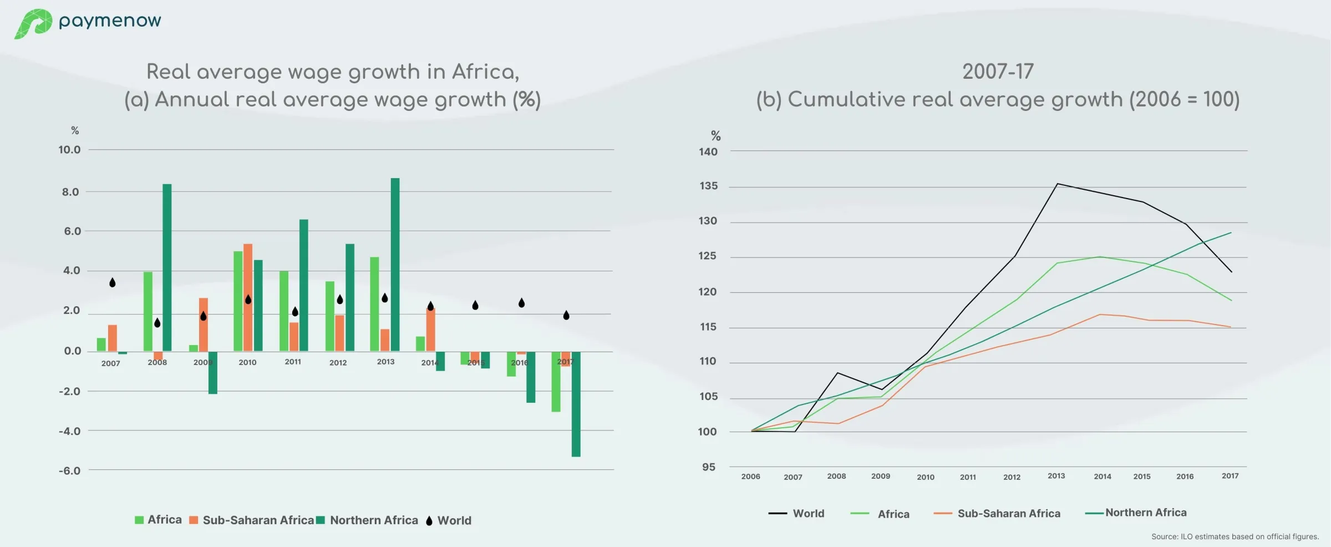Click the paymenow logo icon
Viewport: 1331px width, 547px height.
33,23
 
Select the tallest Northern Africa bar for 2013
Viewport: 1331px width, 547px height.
395,264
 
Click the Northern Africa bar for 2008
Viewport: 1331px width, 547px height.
167,267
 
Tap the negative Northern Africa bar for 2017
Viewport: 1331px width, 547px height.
576,404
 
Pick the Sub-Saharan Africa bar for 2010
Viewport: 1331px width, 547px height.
248,297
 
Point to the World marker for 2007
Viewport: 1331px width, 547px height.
113,282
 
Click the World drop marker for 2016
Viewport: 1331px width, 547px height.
521,303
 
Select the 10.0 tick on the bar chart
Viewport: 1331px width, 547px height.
69,150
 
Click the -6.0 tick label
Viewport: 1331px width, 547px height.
69,471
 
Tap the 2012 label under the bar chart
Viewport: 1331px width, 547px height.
338,363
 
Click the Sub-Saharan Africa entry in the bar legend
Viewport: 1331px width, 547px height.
258,520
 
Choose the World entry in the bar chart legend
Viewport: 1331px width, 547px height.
454,520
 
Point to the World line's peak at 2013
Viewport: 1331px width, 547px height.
1057,184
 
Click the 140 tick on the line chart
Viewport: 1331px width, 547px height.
708,152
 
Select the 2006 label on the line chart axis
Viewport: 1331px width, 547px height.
750,477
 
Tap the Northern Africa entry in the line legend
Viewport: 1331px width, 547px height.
1145,513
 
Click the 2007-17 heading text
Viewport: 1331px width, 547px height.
998,72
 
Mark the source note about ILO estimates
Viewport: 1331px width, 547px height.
1235,536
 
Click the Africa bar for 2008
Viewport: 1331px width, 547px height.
148,311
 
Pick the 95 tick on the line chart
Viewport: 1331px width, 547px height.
708,467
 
